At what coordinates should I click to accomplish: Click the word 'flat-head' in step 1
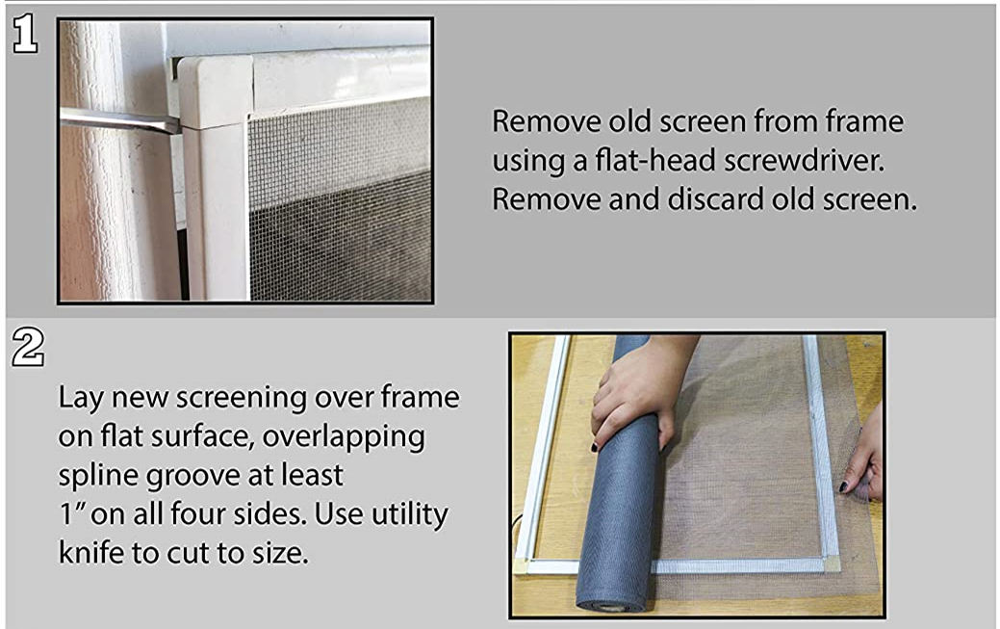(x=679, y=161)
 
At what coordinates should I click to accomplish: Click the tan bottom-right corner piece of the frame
(x=831, y=563)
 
